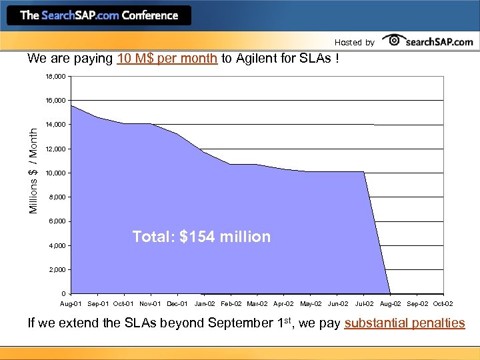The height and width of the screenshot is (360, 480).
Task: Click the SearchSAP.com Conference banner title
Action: (x=99, y=15)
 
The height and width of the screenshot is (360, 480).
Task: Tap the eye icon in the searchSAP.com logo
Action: (x=395, y=41)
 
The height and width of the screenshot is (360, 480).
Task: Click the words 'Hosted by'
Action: (x=354, y=43)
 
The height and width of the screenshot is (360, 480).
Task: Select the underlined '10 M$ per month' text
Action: (x=167, y=58)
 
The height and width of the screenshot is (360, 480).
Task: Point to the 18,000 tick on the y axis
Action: (x=55, y=77)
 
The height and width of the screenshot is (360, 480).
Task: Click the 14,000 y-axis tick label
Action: (x=55, y=125)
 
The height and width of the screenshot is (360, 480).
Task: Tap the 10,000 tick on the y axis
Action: (x=55, y=173)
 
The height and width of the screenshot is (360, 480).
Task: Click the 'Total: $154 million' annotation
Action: (x=201, y=237)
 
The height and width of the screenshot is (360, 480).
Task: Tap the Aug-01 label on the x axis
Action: (x=72, y=304)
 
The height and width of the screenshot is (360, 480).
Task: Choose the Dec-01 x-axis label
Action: (x=177, y=304)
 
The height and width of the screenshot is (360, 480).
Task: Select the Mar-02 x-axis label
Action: (x=257, y=304)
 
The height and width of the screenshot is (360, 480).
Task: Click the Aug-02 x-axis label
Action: (x=390, y=304)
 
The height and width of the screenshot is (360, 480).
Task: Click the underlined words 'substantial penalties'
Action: (x=405, y=323)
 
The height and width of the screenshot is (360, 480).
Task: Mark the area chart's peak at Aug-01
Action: (x=71, y=106)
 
